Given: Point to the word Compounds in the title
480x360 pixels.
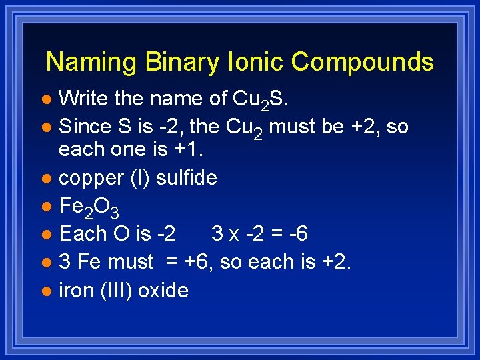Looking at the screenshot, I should (363, 62).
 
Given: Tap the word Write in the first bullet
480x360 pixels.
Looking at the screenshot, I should (84, 99).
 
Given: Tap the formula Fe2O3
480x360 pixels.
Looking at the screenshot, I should (89, 207).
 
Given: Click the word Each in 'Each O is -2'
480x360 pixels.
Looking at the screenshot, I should (81, 234).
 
